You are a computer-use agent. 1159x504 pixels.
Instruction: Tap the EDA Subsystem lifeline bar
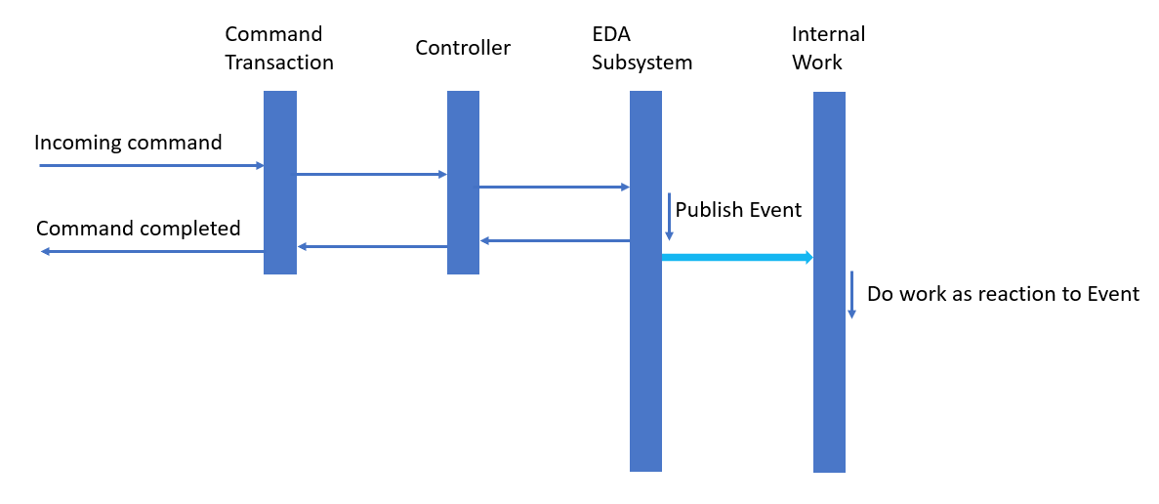pyautogui.click(x=645, y=371)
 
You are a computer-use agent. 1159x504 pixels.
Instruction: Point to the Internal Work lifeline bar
pyautogui.click(x=829, y=391)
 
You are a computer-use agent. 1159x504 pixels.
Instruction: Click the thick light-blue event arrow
pyautogui.click(x=737, y=257)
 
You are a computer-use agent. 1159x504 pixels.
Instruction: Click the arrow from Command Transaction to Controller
pyautogui.click(x=371, y=175)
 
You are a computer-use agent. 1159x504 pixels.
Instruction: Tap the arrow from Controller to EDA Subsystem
pyautogui.click(x=554, y=187)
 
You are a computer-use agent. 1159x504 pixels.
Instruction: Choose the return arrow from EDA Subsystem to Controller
pyautogui.click(x=554, y=240)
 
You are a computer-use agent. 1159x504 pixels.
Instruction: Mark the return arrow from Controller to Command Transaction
pyautogui.click(x=372, y=246)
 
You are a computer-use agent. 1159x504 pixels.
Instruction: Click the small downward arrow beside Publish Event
pyautogui.click(x=669, y=216)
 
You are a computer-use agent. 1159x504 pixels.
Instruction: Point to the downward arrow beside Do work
pyautogui.click(x=851, y=294)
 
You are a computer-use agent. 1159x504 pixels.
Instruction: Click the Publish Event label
pyautogui.click(x=738, y=210)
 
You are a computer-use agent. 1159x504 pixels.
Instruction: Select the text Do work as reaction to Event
pyautogui.click(x=1003, y=294)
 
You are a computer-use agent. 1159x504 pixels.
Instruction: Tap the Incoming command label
pyautogui.click(x=128, y=143)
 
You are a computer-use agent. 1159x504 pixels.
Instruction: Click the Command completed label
pyautogui.click(x=138, y=229)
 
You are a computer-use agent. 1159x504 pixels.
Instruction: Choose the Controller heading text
pyautogui.click(x=463, y=48)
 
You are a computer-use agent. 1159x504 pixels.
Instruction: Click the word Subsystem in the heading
pyautogui.click(x=642, y=63)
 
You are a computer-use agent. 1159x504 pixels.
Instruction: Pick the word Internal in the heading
pyautogui.click(x=828, y=34)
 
